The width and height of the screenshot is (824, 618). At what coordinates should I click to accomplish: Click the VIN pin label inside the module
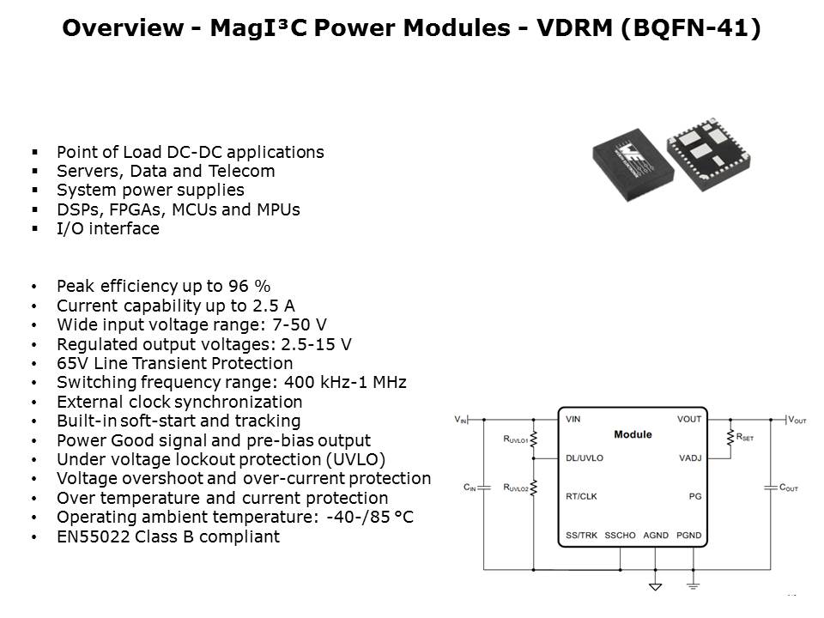click(x=573, y=419)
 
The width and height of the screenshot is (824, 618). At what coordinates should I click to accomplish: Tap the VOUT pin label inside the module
click(x=689, y=419)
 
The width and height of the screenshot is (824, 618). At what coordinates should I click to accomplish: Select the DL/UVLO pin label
click(x=585, y=457)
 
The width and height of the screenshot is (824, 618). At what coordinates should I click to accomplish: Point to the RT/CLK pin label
click(x=581, y=496)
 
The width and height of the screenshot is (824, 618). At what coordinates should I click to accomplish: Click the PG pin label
click(x=695, y=496)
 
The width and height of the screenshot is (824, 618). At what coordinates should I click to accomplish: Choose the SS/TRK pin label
click(x=581, y=535)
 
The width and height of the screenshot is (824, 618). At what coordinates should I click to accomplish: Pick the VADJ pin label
click(x=690, y=457)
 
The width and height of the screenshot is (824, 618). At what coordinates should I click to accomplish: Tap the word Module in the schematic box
click(x=633, y=434)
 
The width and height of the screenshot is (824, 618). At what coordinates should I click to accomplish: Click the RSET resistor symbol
click(x=730, y=437)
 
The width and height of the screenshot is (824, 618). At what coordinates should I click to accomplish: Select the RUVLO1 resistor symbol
click(x=533, y=439)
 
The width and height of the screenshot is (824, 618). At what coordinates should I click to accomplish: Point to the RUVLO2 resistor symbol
click(x=533, y=488)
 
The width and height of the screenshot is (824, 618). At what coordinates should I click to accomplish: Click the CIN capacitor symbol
click(x=483, y=488)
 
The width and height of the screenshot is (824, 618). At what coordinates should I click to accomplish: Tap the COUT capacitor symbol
click(x=771, y=488)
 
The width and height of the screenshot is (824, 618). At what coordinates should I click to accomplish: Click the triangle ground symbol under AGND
click(x=655, y=586)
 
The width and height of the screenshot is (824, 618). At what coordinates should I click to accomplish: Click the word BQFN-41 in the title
click(x=690, y=27)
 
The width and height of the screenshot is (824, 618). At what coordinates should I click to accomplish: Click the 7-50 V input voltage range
click(x=299, y=324)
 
